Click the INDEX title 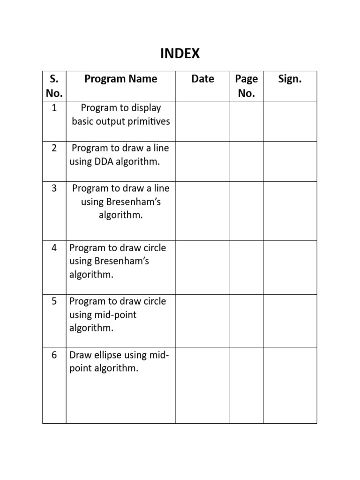click(x=180, y=54)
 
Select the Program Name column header click(x=120, y=79)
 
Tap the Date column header click(x=202, y=79)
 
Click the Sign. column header click(x=290, y=79)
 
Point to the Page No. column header click(x=246, y=86)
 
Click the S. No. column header click(x=54, y=86)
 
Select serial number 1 click(x=54, y=108)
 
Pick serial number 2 click(x=54, y=148)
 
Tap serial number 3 click(x=54, y=188)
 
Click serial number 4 click(x=54, y=247)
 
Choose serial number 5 click(x=54, y=301)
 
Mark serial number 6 click(x=54, y=355)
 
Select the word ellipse click(x=108, y=355)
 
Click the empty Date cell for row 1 click(x=202, y=121)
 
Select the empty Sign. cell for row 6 click(x=290, y=385)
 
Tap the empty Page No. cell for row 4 click(x=246, y=267)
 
